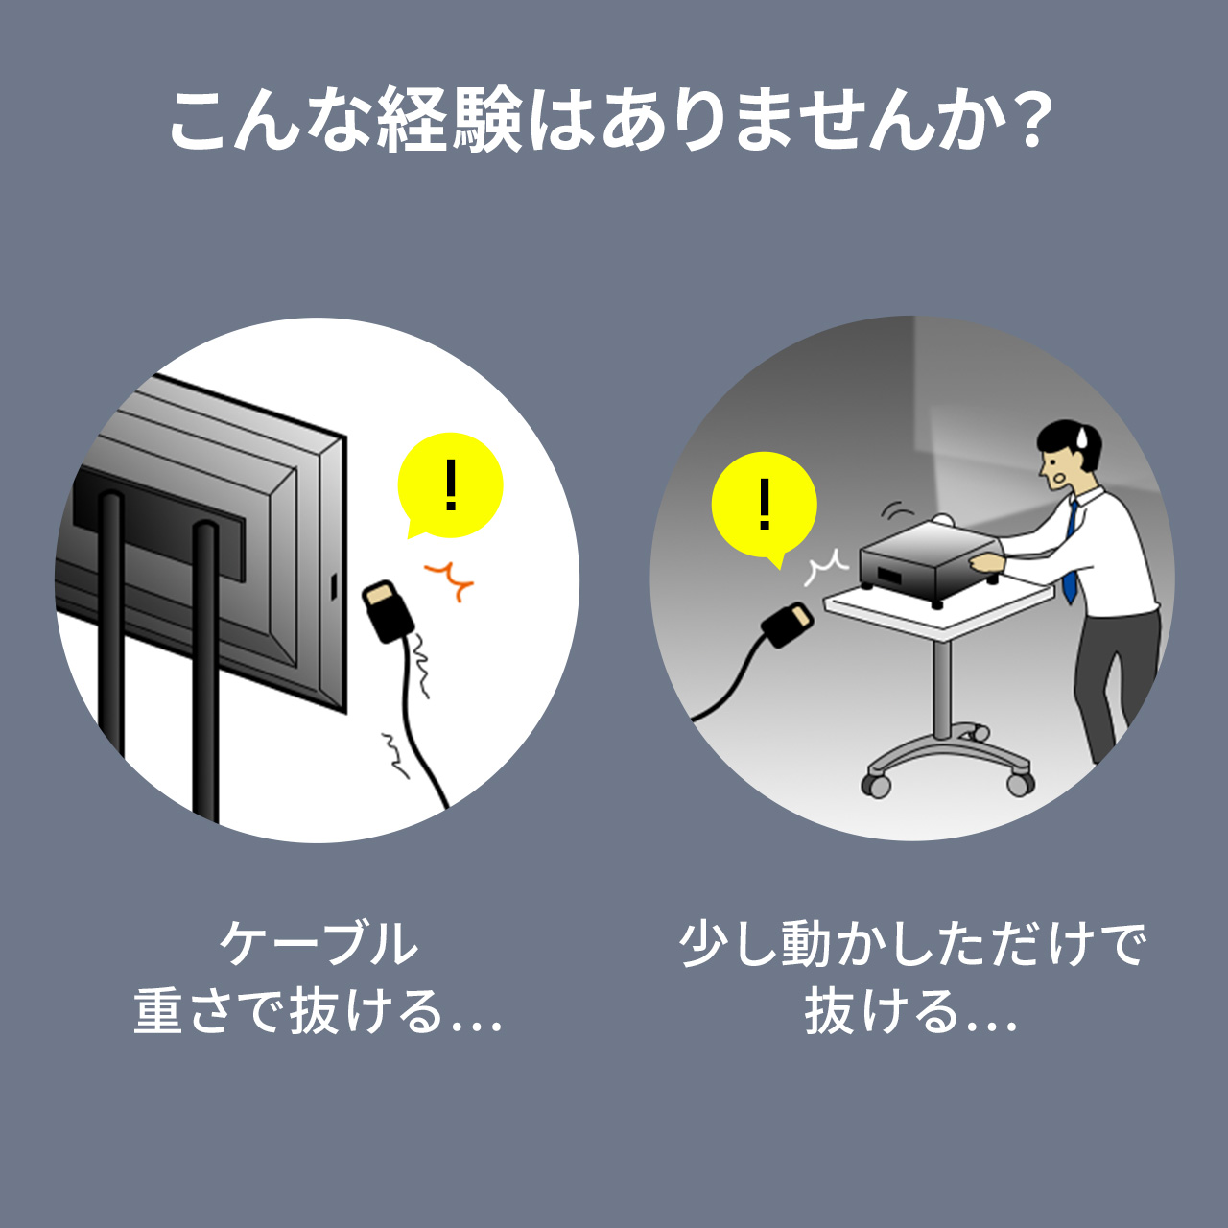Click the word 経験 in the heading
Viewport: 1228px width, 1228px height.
click(x=450, y=121)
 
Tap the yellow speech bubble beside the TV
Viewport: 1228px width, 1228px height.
click(x=450, y=486)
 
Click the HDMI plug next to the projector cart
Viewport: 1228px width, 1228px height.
click(x=788, y=625)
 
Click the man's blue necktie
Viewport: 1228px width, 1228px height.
click(x=1071, y=552)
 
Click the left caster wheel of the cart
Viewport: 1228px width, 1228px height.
click(x=877, y=786)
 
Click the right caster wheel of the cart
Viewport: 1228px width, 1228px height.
click(x=1020, y=784)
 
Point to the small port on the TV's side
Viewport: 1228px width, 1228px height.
click(x=333, y=587)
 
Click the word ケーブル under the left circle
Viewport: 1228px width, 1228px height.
click(x=319, y=943)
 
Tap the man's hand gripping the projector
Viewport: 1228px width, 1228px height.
click(x=986, y=563)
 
